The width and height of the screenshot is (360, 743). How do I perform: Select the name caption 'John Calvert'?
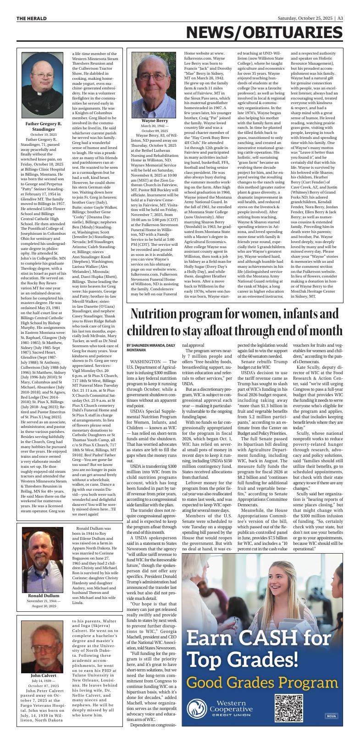coord(44,676)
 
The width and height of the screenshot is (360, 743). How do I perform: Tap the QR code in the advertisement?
coord(291,710)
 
